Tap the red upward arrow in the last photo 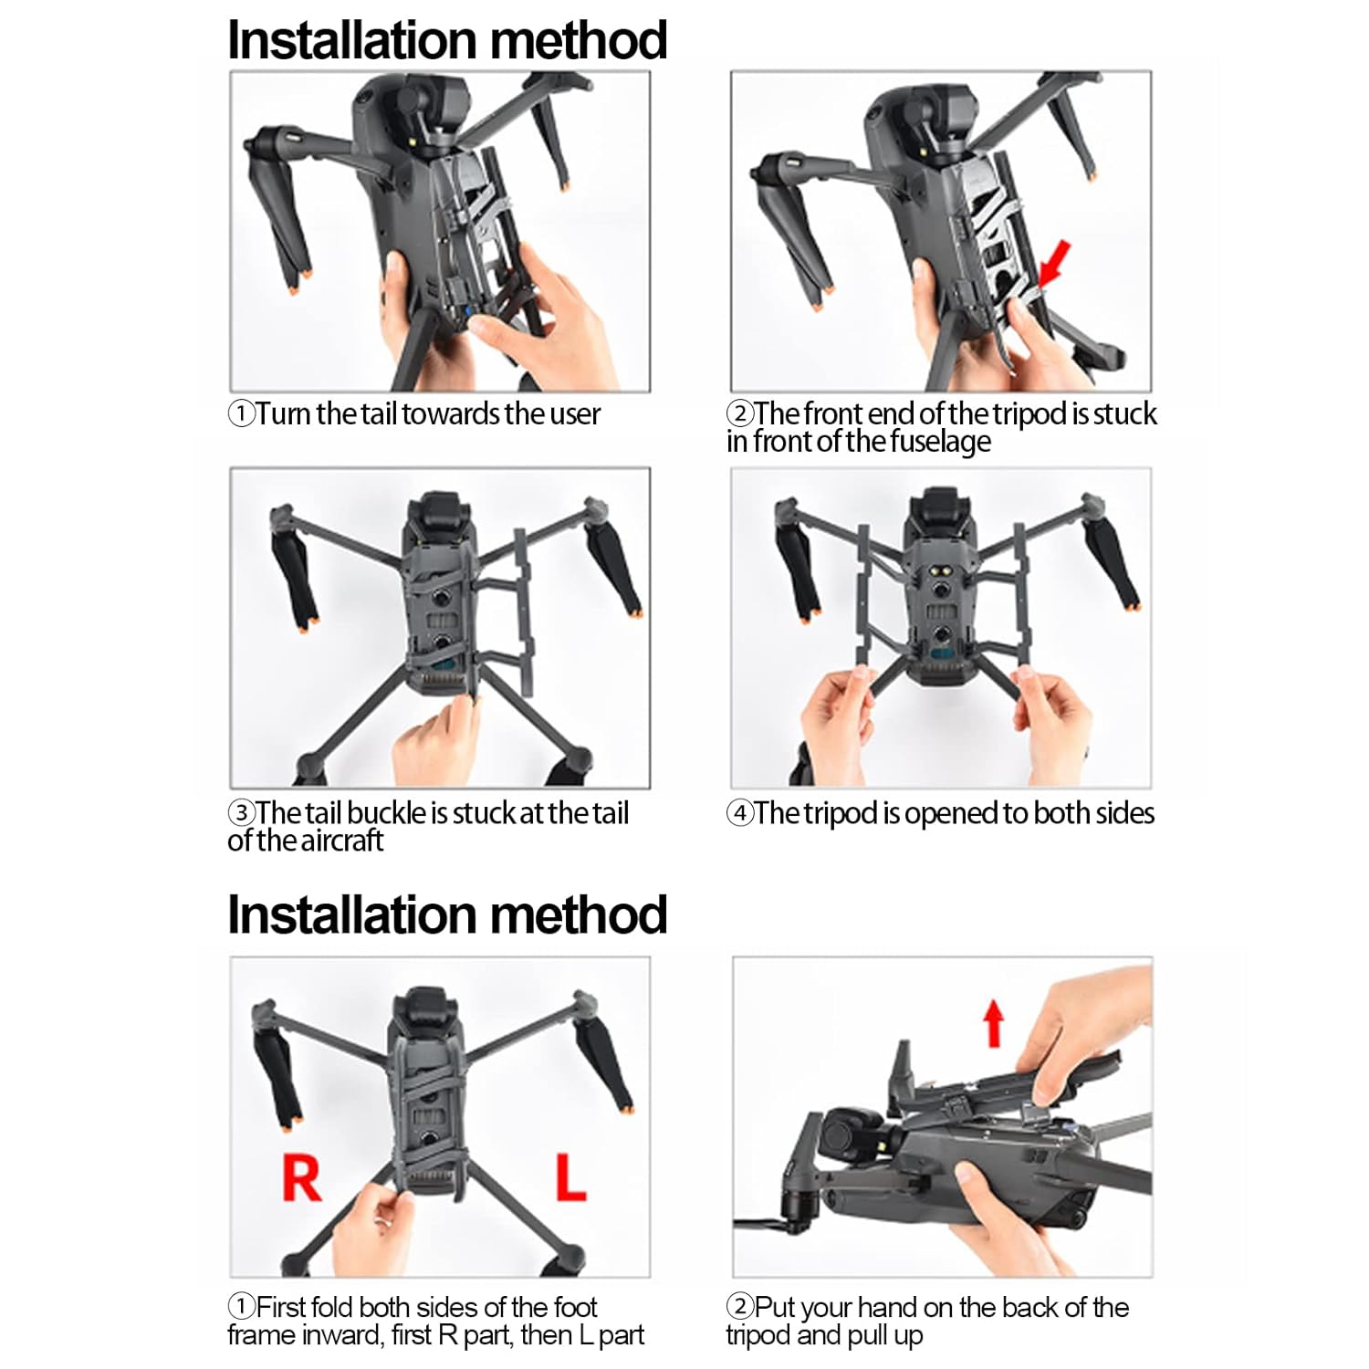coord(994,1022)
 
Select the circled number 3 coord(241,812)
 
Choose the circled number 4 coord(739,813)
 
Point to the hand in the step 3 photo coord(435,739)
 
